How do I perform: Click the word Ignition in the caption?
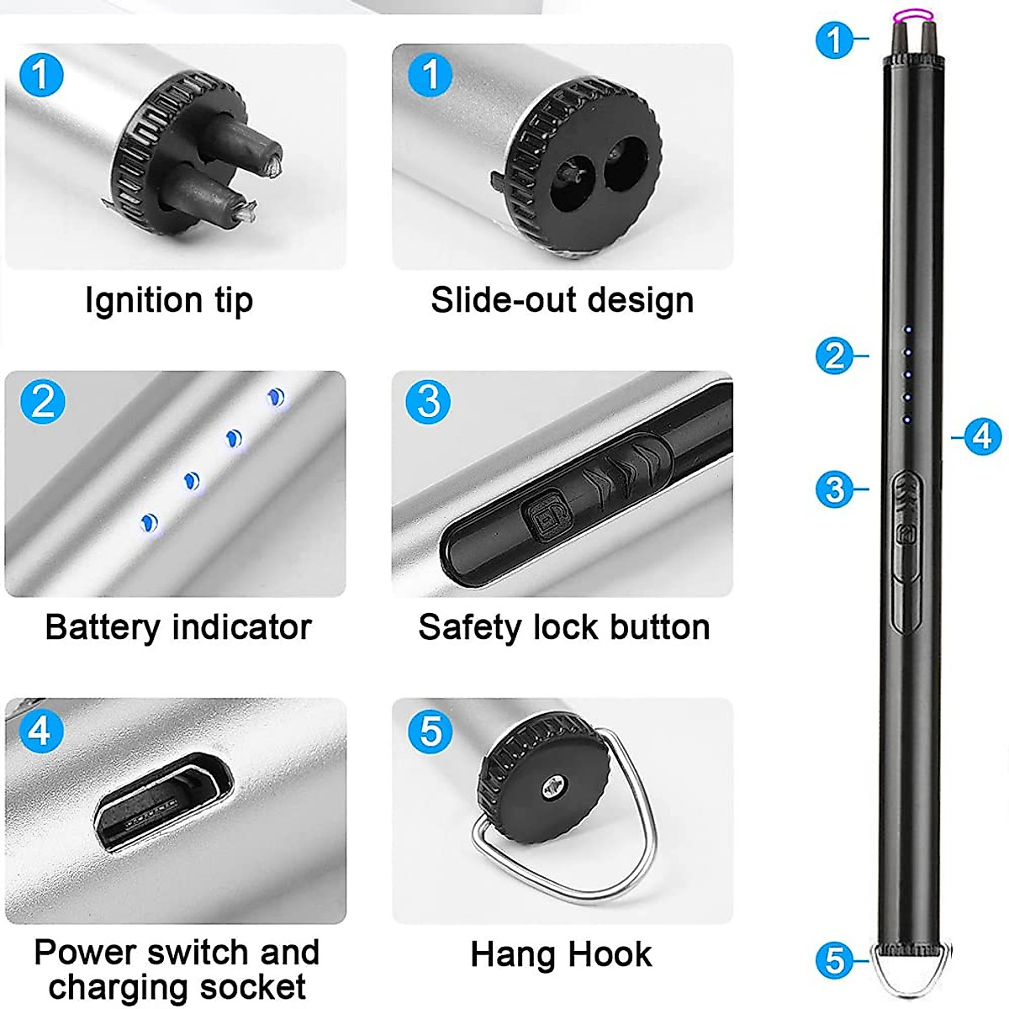[143, 300]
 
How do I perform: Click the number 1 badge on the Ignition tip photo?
[40, 76]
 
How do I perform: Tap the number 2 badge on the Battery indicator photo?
[42, 402]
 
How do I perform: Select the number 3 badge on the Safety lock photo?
[428, 402]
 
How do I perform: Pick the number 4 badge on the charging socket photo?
[40, 730]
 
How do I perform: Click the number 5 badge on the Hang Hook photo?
[430, 730]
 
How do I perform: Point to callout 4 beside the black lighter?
[982, 436]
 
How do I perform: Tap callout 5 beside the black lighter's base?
[834, 959]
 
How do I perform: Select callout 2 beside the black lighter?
[834, 357]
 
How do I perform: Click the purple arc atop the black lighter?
[912, 14]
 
